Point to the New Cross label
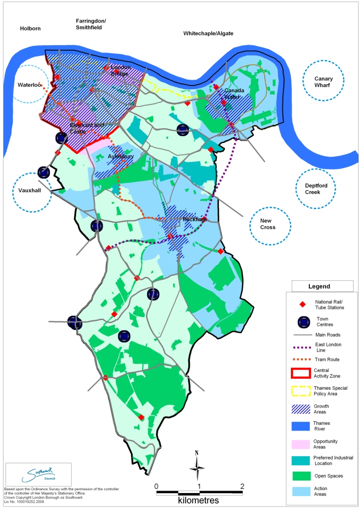(270, 224)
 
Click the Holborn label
(30, 28)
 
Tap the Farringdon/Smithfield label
(91, 24)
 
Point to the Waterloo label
(28, 85)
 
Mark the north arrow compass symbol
(197, 466)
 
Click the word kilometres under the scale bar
(199, 501)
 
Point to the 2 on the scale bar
(242, 486)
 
